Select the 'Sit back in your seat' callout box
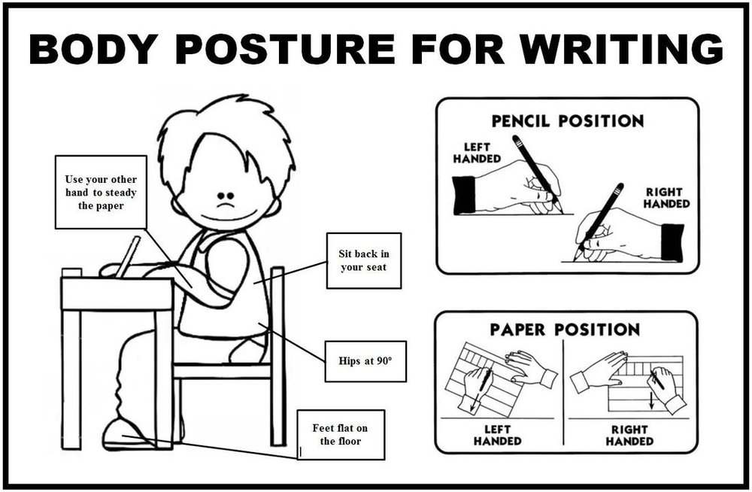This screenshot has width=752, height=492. point(363,260)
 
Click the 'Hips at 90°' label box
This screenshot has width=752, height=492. point(365,361)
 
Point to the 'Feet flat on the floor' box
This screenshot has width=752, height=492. point(341,434)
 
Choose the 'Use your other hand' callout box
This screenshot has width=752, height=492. point(101,192)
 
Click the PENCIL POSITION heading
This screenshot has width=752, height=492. point(567,121)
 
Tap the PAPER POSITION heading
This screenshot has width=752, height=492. point(565,330)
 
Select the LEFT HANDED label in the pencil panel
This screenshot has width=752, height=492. point(477,153)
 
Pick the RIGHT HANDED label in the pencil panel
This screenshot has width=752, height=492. point(666,198)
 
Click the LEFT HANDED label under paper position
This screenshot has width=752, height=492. point(497,435)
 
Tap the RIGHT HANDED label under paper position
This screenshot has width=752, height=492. point(629,435)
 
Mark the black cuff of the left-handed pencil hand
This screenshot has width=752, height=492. point(464,195)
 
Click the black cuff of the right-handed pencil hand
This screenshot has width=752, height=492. point(672,242)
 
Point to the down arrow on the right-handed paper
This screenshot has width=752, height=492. point(651,401)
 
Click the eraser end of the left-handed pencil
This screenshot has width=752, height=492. point(517,140)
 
